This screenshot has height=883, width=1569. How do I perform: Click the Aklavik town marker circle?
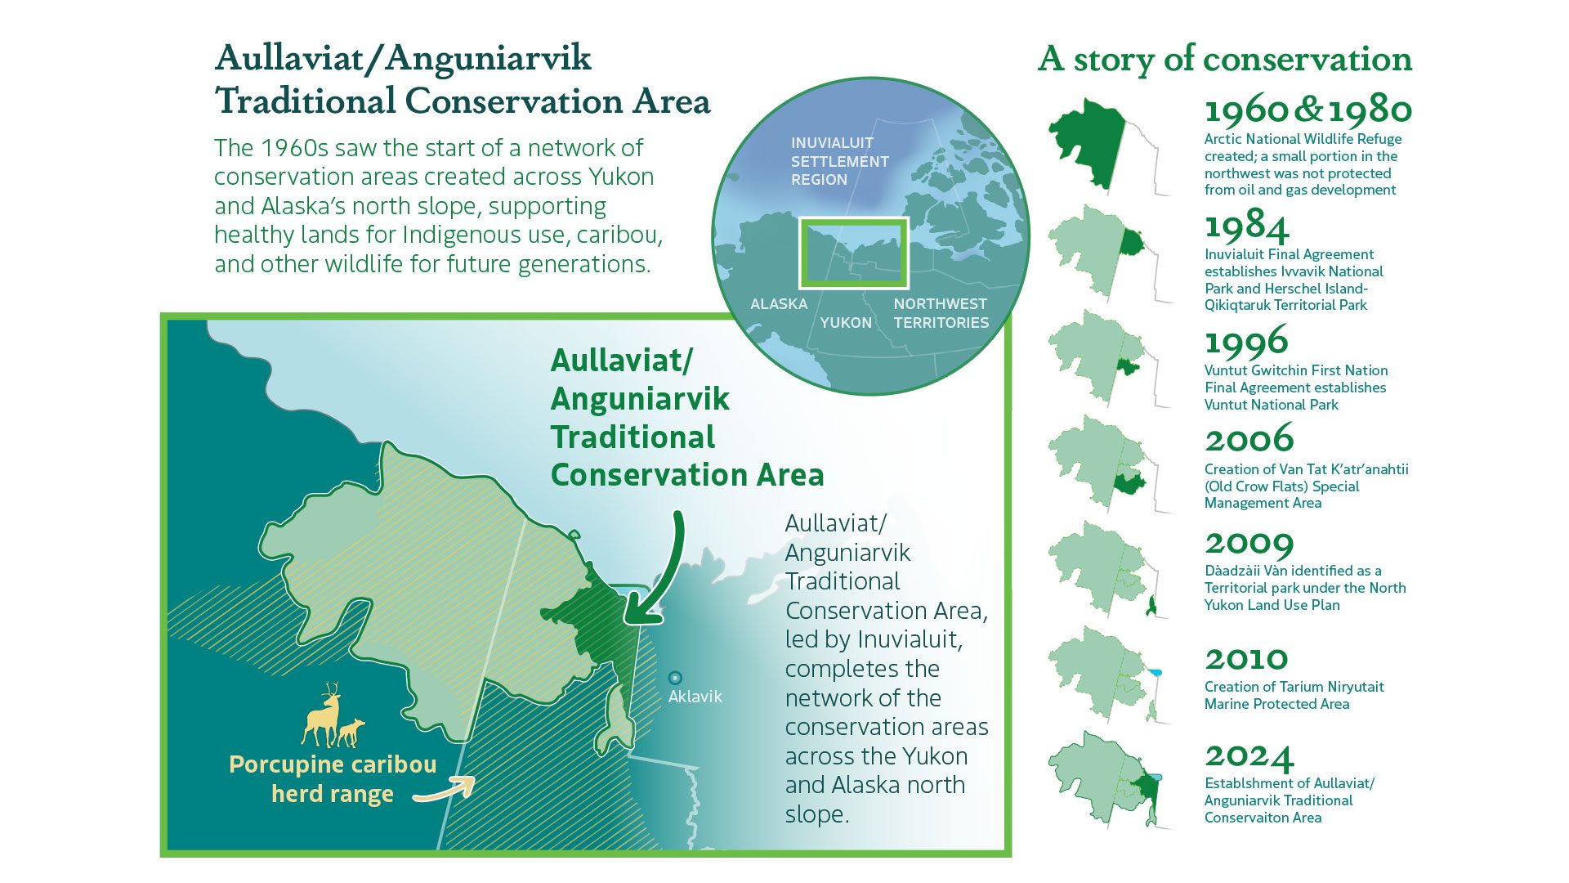click(675, 678)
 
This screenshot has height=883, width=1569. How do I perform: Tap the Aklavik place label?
click(695, 697)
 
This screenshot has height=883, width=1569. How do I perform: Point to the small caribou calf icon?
click(351, 732)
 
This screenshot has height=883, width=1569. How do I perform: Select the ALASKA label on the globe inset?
click(778, 304)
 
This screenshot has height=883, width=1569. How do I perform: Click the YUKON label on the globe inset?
click(845, 323)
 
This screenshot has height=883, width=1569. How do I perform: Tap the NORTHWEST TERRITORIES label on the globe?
click(941, 313)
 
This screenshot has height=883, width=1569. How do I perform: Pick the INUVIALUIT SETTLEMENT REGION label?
click(839, 161)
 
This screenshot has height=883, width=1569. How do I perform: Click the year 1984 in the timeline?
click(1247, 226)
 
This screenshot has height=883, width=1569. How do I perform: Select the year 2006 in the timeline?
click(1249, 440)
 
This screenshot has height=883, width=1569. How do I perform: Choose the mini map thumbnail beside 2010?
click(1103, 674)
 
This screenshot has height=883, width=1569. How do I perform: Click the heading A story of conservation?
click(1224, 59)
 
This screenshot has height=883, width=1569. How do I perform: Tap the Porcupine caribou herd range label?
click(333, 779)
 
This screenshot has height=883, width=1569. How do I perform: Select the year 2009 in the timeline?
click(1249, 543)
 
